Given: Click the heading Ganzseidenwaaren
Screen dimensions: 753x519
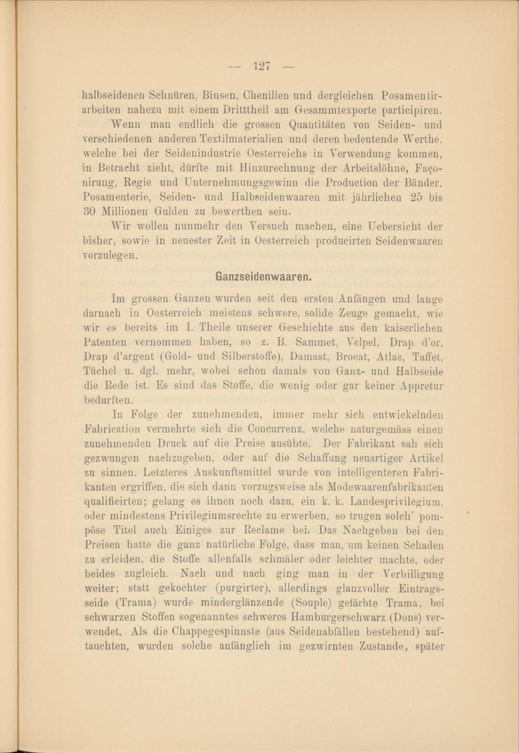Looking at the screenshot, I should pos(263,276).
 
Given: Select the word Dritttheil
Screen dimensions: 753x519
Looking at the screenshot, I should pos(250,110).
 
